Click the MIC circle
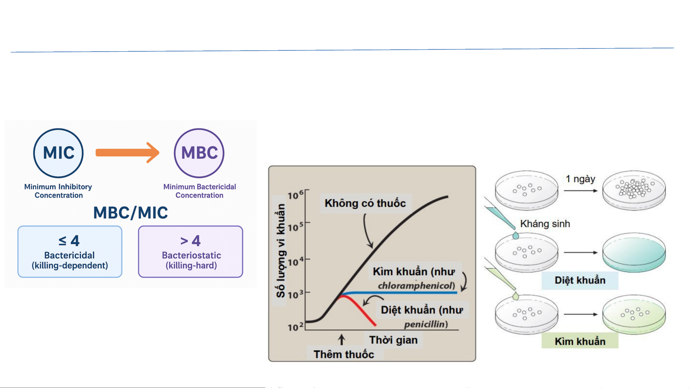point(58,153)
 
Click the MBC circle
point(199,153)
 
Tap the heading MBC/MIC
point(131,213)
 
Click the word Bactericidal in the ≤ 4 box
point(69,255)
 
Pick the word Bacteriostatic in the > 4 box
point(191,255)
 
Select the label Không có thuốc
point(365,203)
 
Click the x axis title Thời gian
point(393,340)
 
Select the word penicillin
point(425,324)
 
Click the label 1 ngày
point(580,179)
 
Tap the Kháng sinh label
point(545,224)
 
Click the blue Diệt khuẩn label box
point(580,280)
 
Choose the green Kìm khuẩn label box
point(580,341)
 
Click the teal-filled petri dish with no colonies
point(634,252)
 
